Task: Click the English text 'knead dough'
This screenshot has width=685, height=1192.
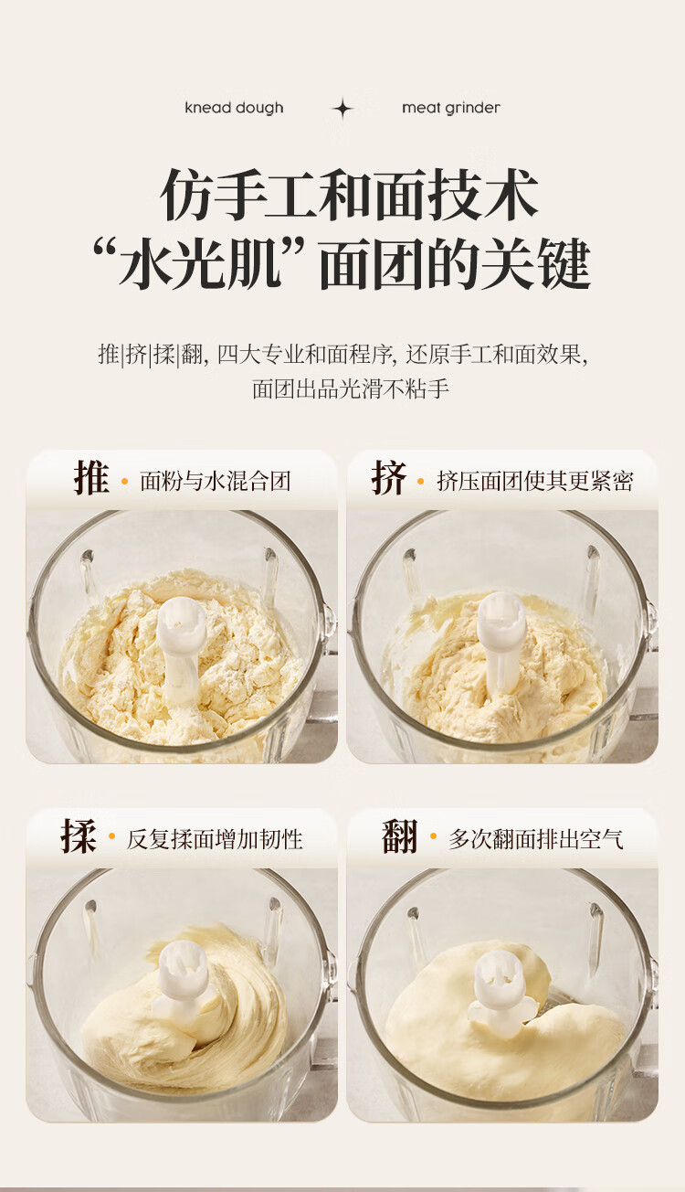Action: pyautogui.click(x=234, y=108)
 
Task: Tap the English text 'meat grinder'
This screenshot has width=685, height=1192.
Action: pyautogui.click(x=451, y=108)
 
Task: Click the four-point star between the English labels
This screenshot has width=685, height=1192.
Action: pyautogui.click(x=343, y=109)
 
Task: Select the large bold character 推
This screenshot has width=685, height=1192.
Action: pyautogui.click(x=91, y=477)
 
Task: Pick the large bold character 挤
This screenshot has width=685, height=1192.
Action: pyautogui.click(x=388, y=477)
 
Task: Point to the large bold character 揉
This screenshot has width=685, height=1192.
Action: pyautogui.click(x=79, y=836)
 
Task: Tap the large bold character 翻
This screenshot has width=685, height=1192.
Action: pyautogui.click(x=400, y=836)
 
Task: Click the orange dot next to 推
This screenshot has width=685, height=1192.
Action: pyautogui.click(x=124, y=482)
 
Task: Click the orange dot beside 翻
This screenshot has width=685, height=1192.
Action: pyautogui.click(x=433, y=837)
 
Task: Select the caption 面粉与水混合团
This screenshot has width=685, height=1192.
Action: pyautogui.click(x=216, y=482)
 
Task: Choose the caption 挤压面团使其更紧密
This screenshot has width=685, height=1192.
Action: pyautogui.click(x=535, y=482)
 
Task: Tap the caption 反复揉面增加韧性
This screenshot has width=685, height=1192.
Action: pyautogui.click(x=215, y=840)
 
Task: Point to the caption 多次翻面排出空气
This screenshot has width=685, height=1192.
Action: pyautogui.click(x=536, y=840)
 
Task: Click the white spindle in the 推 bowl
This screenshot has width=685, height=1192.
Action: pyautogui.click(x=181, y=648)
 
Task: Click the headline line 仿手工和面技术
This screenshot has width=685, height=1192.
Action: pyautogui.click(x=350, y=195)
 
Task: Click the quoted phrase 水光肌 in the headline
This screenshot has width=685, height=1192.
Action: pyautogui.click(x=198, y=264)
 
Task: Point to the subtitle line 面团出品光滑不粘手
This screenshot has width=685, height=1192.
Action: pyautogui.click(x=351, y=389)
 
